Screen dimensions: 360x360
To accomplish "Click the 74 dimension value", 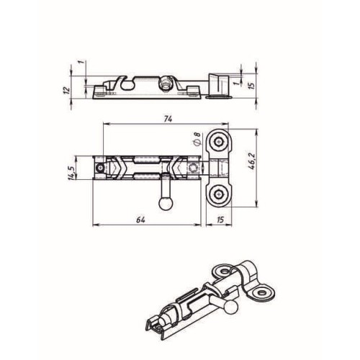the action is click(x=168, y=119).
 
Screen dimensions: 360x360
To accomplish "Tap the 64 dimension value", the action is click(x=141, y=220).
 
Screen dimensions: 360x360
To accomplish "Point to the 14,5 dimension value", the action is click(x=71, y=172).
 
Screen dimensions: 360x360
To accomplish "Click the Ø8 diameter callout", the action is click(x=197, y=138).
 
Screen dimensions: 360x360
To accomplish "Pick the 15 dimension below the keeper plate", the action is click(x=220, y=220).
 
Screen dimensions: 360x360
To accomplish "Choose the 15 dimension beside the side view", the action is click(x=251, y=86).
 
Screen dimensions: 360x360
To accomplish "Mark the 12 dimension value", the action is click(x=67, y=89).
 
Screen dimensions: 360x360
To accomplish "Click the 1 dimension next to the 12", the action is click(x=81, y=62).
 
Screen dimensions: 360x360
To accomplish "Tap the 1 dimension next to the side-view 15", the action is click(x=236, y=83).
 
